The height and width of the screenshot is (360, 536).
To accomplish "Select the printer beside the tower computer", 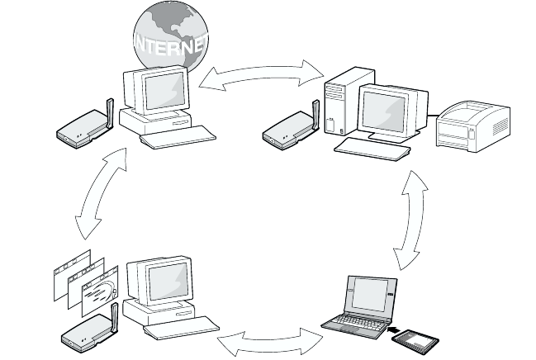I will coord(472,126).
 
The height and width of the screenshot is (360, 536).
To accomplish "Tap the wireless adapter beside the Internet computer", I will coord(83,126).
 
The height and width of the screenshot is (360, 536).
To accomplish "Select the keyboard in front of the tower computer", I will coord(373,149).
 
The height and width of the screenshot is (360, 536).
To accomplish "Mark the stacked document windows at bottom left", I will coord(83,281).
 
